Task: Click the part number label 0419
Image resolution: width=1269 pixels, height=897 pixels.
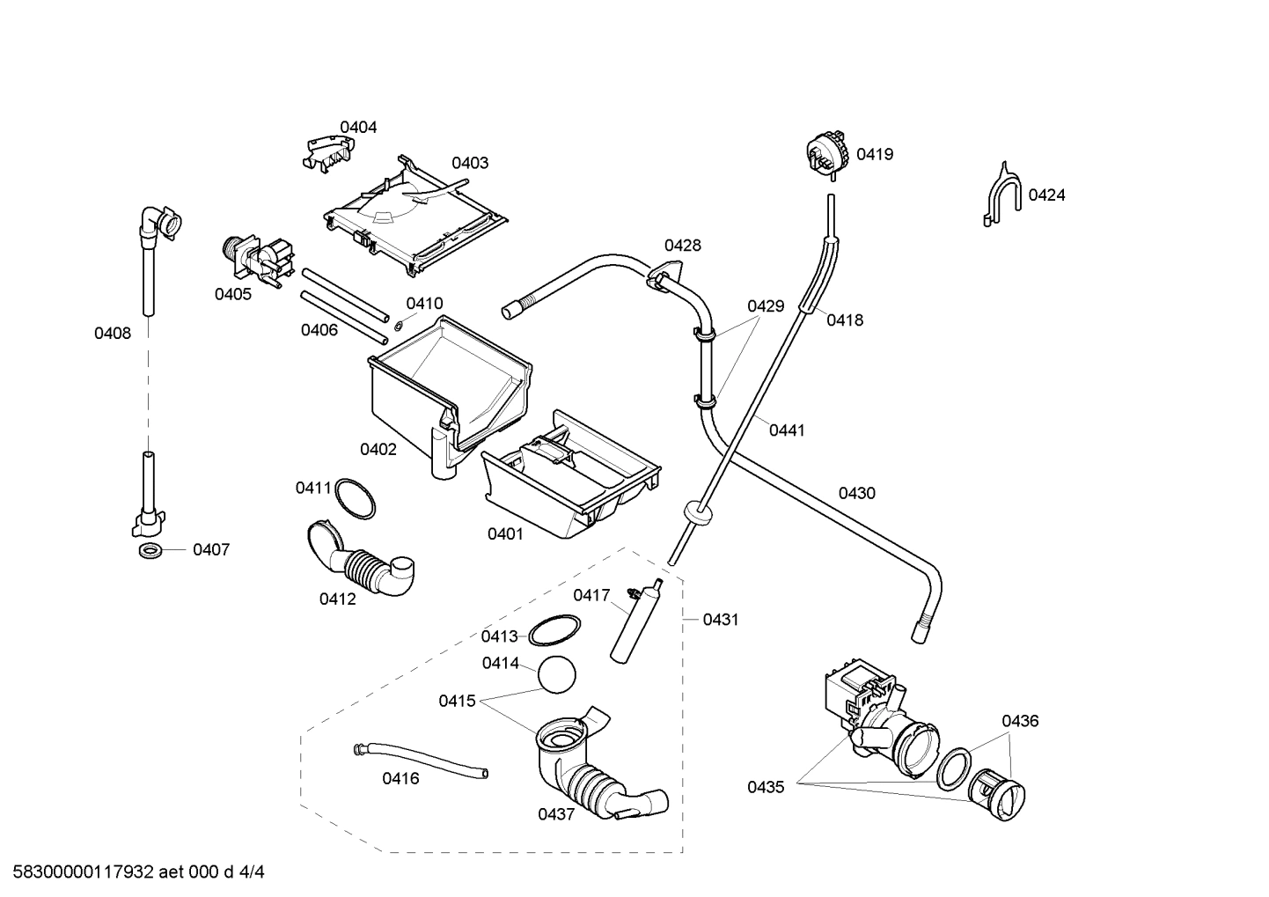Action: (875, 155)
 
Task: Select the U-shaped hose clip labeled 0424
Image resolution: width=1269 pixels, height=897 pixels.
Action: (1002, 195)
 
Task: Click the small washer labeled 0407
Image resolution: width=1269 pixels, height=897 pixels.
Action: (150, 551)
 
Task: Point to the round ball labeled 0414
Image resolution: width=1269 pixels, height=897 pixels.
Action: (556, 675)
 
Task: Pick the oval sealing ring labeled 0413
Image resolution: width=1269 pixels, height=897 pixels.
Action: (554, 631)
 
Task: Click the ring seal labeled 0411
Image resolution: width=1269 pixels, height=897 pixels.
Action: (356, 499)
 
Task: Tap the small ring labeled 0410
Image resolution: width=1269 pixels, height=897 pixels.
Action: (399, 325)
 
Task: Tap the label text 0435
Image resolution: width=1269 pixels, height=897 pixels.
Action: (766, 788)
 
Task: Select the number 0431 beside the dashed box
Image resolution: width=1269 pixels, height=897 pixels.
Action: (721, 620)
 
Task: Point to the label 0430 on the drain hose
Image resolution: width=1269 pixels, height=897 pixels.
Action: (856, 494)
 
